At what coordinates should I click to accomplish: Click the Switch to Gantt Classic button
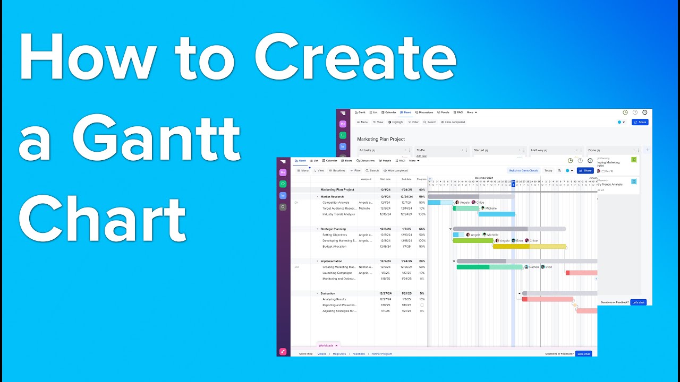(x=523, y=170)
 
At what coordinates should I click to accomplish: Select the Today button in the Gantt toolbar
(x=548, y=170)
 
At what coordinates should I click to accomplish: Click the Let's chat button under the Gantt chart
(x=583, y=353)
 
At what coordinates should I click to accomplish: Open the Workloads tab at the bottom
(x=327, y=345)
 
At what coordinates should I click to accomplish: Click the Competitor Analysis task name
(x=336, y=202)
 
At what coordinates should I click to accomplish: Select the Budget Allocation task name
(x=334, y=246)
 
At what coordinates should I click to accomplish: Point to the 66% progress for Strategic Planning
(x=422, y=229)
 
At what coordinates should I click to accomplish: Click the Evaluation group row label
(x=328, y=293)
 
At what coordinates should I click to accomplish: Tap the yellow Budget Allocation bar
(x=529, y=246)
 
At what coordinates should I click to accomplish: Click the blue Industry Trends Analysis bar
(x=497, y=214)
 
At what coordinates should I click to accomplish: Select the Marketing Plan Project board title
(x=381, y=139)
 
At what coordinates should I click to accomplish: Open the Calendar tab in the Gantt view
(x=331, y=160)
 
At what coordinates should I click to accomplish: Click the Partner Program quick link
(x=381, y=353)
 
